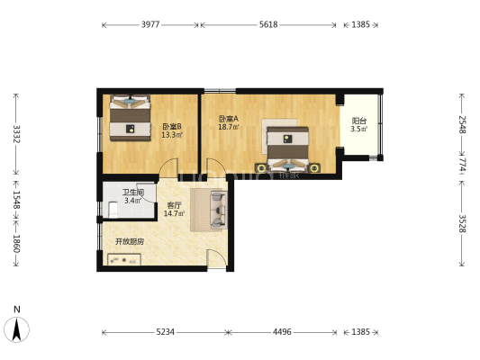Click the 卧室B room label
pos(172,126)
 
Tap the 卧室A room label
pos(229,119)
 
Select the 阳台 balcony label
pos(359,121)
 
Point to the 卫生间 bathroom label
pos(133,193)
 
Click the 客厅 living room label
pos(174,205)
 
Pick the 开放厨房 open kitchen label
pos(130,241)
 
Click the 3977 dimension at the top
pos(150,24)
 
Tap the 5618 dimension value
pos(268,24)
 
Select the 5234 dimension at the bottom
pos(166,332)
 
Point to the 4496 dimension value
pos(282,332)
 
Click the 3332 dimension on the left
pos(16,134)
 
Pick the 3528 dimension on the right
pos(462,223)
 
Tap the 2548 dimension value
pos(462,125)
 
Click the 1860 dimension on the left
pos(16,244)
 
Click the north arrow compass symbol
pos(16,329)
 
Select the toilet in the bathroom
pos(113,210)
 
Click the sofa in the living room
pos(219,210)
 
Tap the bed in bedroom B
pos(130,118)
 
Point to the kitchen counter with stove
pos(124,259)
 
